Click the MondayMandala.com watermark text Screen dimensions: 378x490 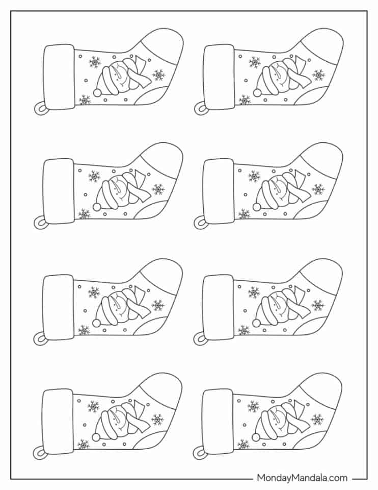point(302,478)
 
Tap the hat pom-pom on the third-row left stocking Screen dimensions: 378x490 point(97,322)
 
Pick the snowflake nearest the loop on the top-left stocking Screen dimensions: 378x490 point(85,100)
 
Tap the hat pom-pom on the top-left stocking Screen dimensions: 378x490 point(98,92)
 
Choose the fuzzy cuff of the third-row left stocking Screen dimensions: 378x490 point(58,307)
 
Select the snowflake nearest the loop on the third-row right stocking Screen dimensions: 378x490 point(244,330)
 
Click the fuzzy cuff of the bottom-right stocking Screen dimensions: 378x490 point(218,422)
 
